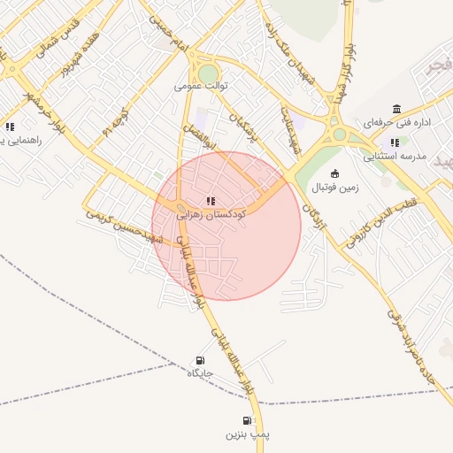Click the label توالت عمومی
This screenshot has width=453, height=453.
pyautogui.click(x=202, y=86)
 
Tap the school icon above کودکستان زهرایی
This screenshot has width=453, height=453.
pyautogui.click(x=211, y=202)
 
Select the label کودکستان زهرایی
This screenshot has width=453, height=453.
pyautogui.click(x=211, y=214)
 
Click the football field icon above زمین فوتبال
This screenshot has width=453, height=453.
pyautogui.click(x=334, y=174)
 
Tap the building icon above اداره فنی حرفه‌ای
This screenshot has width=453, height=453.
pyautogui.click(x=395, y=109)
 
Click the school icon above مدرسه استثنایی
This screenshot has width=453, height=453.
pyautogui.click(x=395, y=142)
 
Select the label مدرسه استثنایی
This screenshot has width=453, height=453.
pyautogui.click(x=395, y=156)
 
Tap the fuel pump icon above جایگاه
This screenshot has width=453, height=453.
pyautogui.click(x=200, y=360)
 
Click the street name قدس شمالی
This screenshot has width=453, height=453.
pyautogui.click(x=57, y=35)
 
